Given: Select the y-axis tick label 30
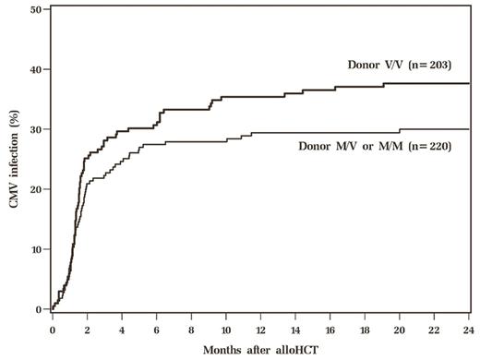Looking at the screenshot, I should click(x=35, y=129).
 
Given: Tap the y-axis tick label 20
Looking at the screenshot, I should click(x=35, y=189).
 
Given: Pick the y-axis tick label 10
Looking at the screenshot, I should click(x=35, y=249).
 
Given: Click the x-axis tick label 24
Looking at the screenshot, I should click(x=469, y=327).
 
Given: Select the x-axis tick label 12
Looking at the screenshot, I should click(x=260, y=327).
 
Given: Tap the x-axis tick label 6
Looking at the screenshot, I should click(x=157, y=327).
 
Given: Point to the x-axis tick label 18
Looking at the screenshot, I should click(x=365, y=327).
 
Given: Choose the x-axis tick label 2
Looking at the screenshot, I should click(x=88, y=327).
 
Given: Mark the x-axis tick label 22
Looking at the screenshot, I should click(x=434, y=327).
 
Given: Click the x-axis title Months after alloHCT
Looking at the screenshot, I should click(x=260, y=350).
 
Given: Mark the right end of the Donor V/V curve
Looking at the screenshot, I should click(x=469, y=83).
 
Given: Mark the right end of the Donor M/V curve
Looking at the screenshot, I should click(x=469, y=129).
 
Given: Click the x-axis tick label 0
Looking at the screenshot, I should click(x=53, y=327).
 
